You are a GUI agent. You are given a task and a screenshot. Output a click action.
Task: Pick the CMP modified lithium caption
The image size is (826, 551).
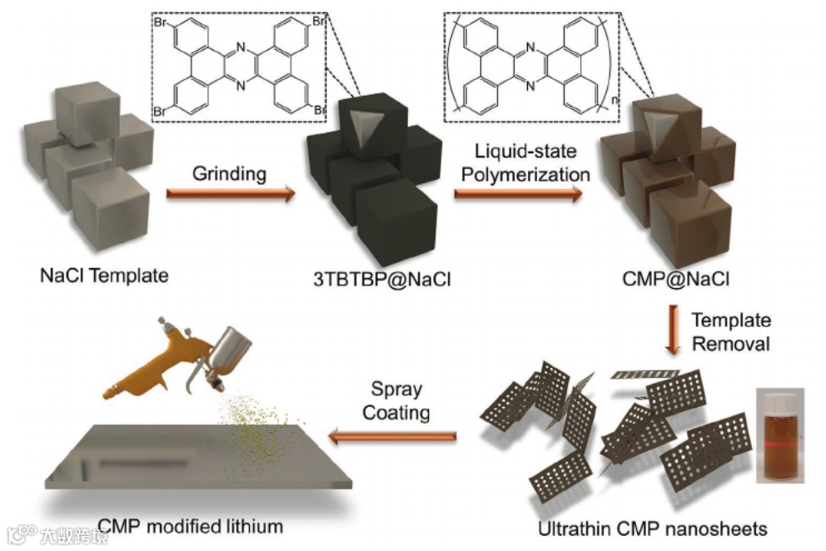pos(191,526)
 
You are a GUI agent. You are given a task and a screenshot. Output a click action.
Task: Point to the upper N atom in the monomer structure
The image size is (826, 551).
pos(241,48)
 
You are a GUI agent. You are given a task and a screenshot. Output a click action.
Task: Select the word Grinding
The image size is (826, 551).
pos(230,174)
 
